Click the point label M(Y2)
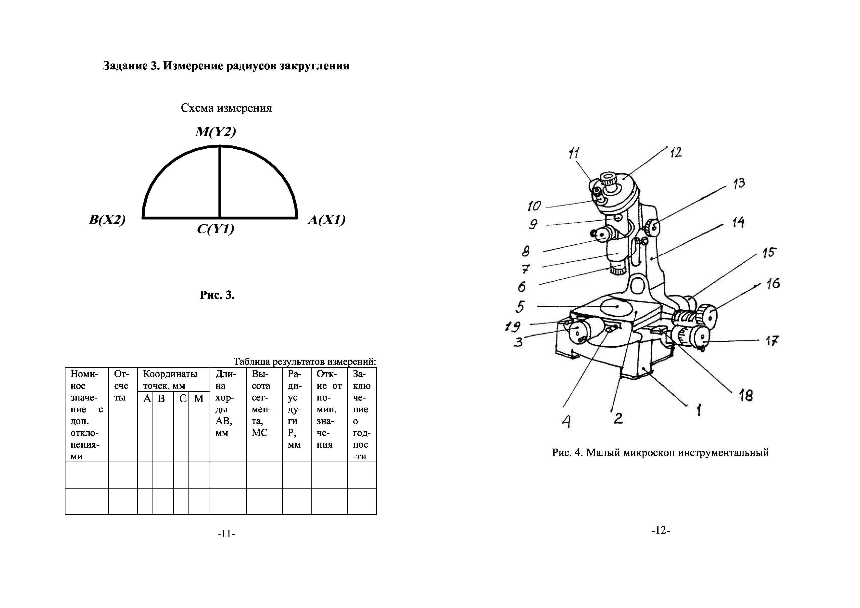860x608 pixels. [x=215, y=132]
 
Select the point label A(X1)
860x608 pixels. [x=327, y=220]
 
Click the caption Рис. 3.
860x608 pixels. [x=217, y=295]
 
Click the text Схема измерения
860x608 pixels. [x=226, y=108]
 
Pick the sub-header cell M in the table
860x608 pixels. [x=199, y=399]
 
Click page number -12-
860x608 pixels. [x=660, y=530]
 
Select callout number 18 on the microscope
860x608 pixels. [x=746, y=396]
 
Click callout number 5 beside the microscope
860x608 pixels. [x=520, y=306]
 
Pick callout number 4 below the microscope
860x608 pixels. [x=566, y=422]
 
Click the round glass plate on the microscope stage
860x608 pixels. [x=615, y=306]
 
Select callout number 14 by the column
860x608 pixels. [x=738, y=223]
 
